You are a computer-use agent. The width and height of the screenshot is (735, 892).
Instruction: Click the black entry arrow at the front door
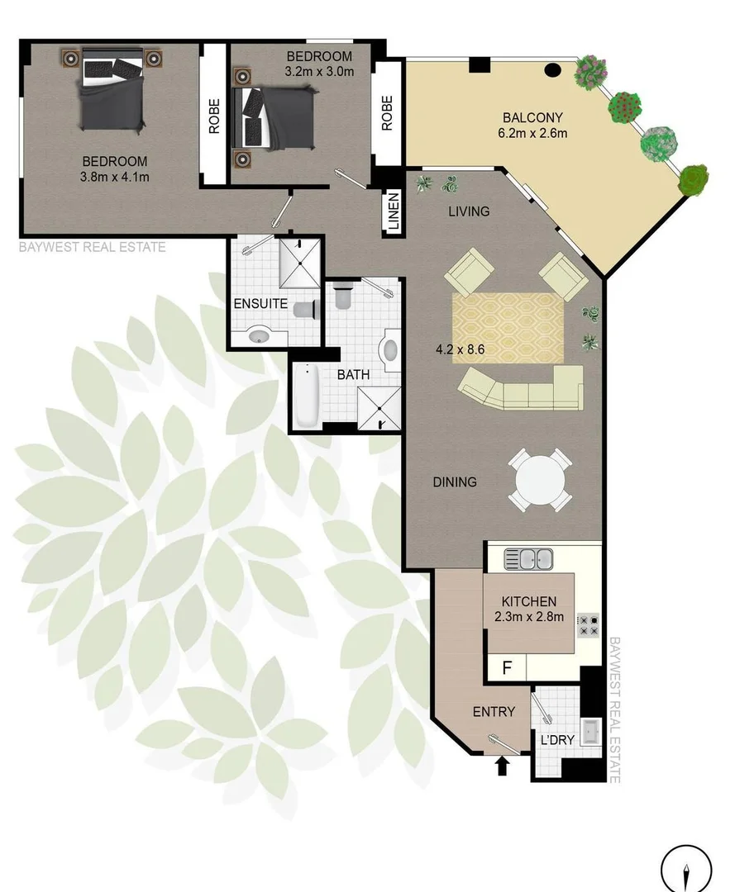[x=500, y=767]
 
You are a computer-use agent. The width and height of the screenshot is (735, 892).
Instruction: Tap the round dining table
[x=538, y=479]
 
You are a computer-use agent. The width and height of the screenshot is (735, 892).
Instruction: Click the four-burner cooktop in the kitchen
[x=588, y=625]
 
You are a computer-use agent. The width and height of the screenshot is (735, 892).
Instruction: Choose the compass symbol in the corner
[x=686, y=869]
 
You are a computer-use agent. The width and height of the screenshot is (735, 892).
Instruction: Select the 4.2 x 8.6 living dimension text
[x=460, y=349]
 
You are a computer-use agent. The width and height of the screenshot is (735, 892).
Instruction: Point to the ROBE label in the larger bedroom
[x=214, y=116]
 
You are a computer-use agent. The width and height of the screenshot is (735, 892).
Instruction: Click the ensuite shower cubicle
[x=298, y=263]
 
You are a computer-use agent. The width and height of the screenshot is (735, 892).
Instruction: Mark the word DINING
[x=455, y=482]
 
